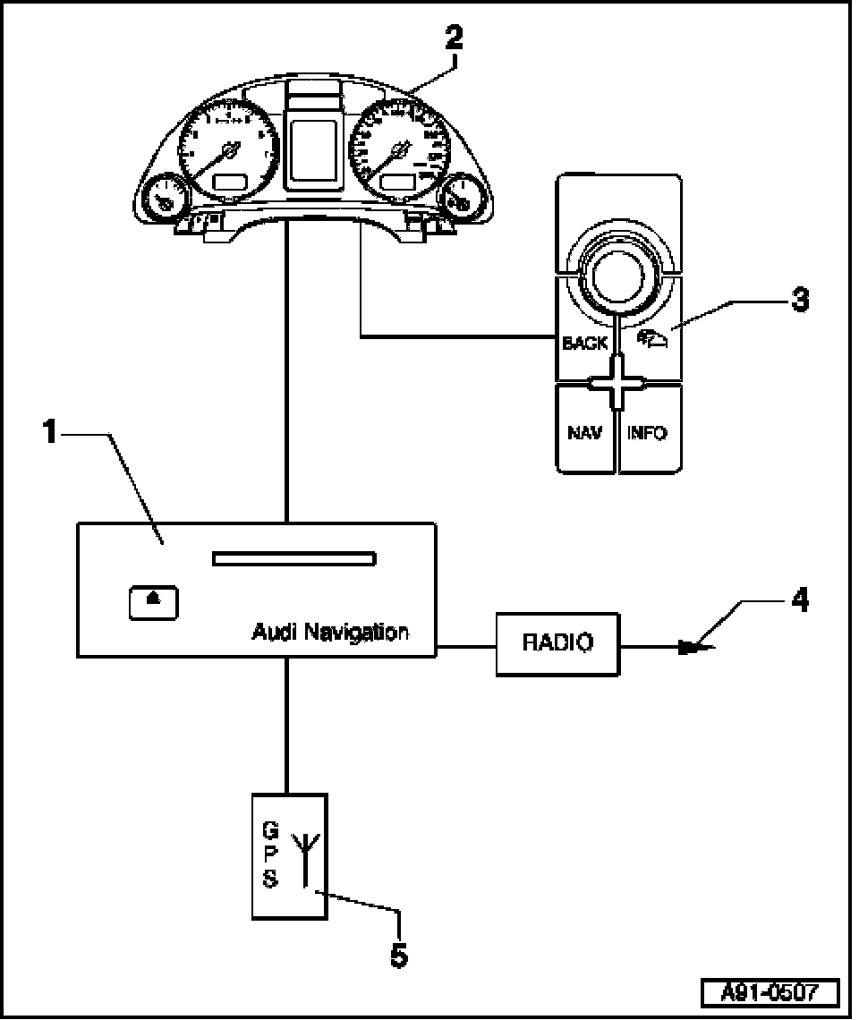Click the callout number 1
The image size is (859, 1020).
pos(51,433)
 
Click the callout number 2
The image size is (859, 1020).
pos(455,38)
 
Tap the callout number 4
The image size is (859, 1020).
pos(799,600)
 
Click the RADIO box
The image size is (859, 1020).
pos(557,642)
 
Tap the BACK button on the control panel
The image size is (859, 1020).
pos(584,343)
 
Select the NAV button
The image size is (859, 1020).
pos(584,433)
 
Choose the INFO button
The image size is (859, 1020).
pos(648,433)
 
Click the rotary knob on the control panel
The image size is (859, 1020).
pos(618,268)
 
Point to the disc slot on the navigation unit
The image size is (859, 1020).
pos(293,560)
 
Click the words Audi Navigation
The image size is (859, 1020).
pos(330,633)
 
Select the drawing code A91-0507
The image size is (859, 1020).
pos(770,993)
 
